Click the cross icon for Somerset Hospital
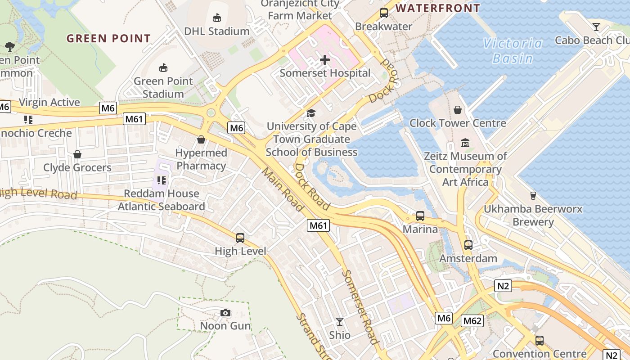pyautogui.click(x=324, y=59)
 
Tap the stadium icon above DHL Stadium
pyautogui.click(x=217, y=18)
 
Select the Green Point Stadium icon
pyautogui.click(x=163, y=68)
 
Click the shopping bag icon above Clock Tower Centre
pyautogui.click(x=458, y=110)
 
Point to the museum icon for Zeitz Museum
pyautogui.click(x=465, y=143)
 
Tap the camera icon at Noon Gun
pyautogui.click(x=225, y=313)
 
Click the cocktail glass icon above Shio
pyautogui.click(x=340, y=322)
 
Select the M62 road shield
pyautogui.click(x=472, y=321)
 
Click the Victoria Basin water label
pyautogui.click(x=513, y=50)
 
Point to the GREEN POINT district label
pyautogui.click(x=108, y=39)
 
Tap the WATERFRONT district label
pyautogui.click(x=438, y=8)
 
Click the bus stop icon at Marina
pyautogui.click(x=420, y=216)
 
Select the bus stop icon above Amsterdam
pyautogui.click(x=468, y=245)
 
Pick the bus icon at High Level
pyautogui.click(x=240, y=238)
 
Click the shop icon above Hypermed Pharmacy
pyautogui.click(x=201, y=139)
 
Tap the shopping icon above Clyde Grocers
pyautogui.click(x=77, y=154)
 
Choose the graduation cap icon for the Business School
pyautogui.click(x=311, y=113)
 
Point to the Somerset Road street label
pyautogui.click(x=360, y=306)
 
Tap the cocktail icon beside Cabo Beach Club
pyautogui.click(x=596, y=27)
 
